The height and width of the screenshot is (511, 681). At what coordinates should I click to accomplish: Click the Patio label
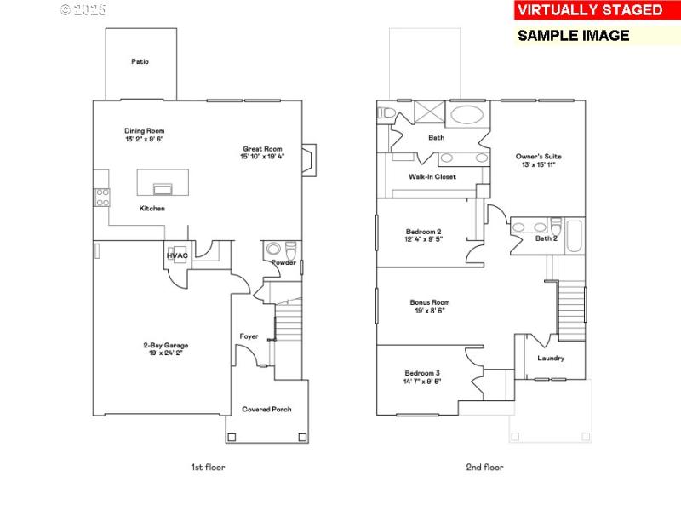[140, 61]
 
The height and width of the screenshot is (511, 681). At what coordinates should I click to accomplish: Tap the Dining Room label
[144, 130]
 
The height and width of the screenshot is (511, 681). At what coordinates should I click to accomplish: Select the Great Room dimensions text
[262, 157]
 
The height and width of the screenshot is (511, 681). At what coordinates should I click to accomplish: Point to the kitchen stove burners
[101, 198]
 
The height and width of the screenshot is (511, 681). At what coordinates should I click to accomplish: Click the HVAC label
[177, 255]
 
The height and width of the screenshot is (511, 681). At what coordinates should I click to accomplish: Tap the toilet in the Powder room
[290, 250]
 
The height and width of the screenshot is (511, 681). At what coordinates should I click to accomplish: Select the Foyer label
[249, 336]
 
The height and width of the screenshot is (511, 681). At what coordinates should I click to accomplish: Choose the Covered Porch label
[266, 410]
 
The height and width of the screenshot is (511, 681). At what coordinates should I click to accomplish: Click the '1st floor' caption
[208, 467]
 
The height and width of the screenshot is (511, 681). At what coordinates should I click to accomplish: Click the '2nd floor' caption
[484, 467]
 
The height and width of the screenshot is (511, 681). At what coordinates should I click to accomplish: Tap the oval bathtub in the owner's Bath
[465, 115]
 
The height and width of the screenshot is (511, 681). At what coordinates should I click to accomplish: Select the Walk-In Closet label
[432, 176]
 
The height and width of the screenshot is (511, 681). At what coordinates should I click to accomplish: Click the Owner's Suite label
[538, 157]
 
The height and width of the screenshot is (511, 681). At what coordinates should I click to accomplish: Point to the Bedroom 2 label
[423, 232]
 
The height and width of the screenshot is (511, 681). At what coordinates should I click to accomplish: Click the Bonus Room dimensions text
[429, 311]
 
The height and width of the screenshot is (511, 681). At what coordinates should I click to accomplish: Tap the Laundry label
[551, 358]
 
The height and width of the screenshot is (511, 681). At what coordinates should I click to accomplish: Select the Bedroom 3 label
[422, 373]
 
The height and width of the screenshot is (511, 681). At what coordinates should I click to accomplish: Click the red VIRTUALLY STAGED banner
[589, 10]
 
